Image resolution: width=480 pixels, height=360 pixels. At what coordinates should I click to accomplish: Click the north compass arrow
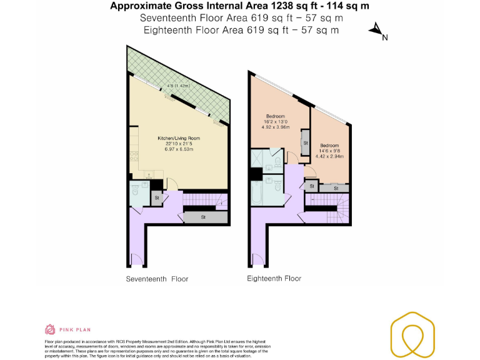(x=377, y=29)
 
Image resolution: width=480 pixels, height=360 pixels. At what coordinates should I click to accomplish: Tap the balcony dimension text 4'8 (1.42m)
(x=178, y=86)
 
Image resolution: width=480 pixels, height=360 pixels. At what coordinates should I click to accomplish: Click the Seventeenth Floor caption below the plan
(x=157, y=279)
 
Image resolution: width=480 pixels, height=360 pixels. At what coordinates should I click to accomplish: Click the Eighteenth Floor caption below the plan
(x=274, y=279)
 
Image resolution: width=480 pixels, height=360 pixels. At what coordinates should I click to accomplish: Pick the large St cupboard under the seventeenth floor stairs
(x=204, y=217)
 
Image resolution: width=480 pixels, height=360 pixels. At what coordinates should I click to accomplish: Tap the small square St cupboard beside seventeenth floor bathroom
(x=157, y=198)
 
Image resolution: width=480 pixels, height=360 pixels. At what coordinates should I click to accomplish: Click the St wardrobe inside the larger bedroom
(x=306, y=142)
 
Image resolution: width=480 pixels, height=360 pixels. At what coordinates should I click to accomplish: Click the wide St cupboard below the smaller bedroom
(x=336, y=188)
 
